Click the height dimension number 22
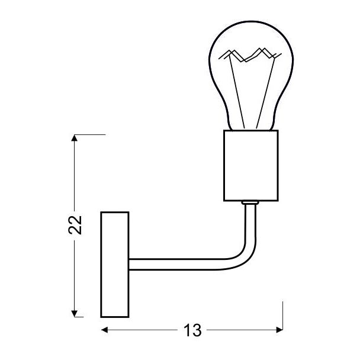click(75, 225)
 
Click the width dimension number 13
click(192, 330)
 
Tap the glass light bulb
click(251, 76)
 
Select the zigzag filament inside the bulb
click(250, 55)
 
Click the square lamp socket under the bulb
click(251, 166)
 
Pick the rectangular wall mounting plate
click(115, 265)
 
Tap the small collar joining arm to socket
click(250, 202)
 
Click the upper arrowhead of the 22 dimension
click(74, 138)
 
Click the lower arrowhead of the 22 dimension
click(74, 314)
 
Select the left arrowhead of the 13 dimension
click(104, 330)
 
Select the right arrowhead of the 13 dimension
click(279, 330)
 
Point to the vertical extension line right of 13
click(282, 316)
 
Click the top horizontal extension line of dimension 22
click(89, 134)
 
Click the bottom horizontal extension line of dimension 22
click(79, 317)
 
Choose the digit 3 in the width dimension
click(197, 330)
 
